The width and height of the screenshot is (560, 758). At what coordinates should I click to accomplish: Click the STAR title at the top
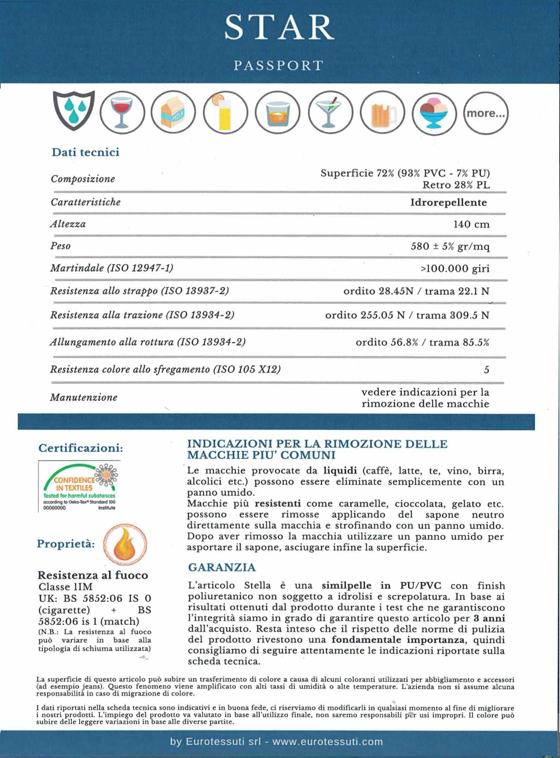tap(279, 28)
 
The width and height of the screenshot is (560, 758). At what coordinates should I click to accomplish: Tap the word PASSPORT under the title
tap(279, 66)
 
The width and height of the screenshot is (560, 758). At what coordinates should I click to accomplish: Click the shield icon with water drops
tap(74, 110)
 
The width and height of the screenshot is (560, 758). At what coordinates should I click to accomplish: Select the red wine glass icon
tap(122, 112)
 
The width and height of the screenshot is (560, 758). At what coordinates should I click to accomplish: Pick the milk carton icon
tap(173, 112)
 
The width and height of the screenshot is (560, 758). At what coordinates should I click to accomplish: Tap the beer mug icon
tap(382, 113)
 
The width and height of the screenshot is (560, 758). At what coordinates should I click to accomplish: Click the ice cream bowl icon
tap(434, 113)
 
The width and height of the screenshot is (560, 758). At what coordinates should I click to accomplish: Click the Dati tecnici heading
tap(86, 152)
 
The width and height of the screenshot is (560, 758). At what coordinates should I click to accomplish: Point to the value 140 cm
tap(471, 224)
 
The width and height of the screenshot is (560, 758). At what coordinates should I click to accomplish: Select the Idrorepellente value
tap(448, 202)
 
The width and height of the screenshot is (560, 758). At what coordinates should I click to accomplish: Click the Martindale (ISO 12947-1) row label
tap(112, 268)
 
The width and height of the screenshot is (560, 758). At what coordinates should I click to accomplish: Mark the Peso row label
tap(60, 246)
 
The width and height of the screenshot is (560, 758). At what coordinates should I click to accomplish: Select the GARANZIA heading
tap(222, 567)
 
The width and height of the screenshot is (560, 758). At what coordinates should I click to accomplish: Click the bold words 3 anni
tap(489, 618)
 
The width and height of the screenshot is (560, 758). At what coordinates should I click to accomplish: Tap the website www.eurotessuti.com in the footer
tap(328, 742)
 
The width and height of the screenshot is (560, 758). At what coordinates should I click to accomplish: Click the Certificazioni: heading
tap(81, 448)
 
